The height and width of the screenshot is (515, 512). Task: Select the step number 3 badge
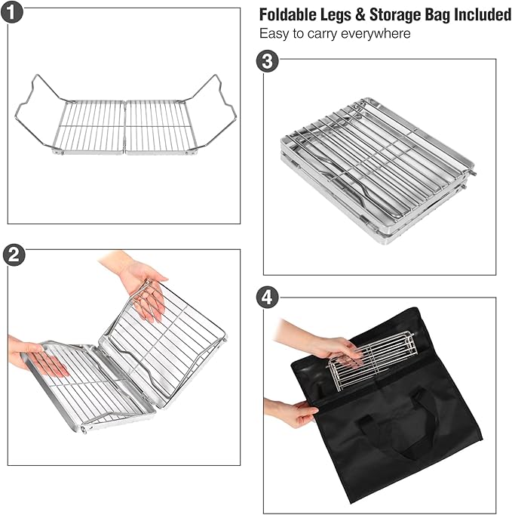[265, 61]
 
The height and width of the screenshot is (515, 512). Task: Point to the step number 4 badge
[265, 298]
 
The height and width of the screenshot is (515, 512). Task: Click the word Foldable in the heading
[287, 15]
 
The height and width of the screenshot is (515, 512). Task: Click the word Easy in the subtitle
[273, 34]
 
